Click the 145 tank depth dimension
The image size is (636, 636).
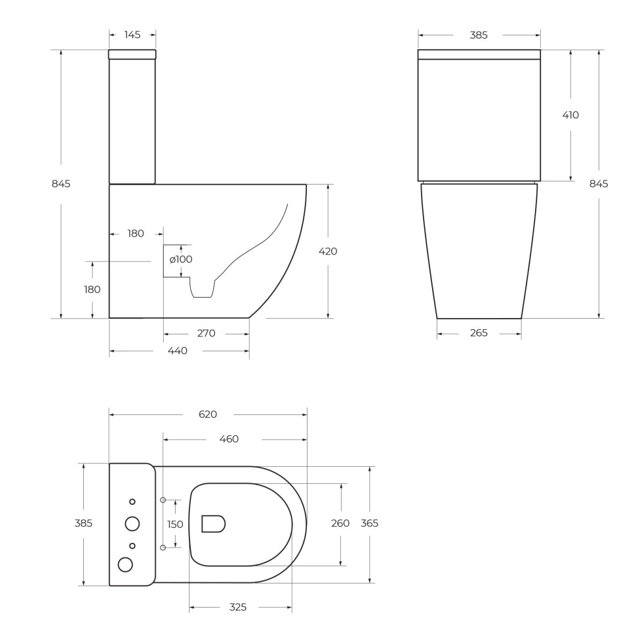pos(132,35)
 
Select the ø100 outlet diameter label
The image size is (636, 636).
pos(181,260)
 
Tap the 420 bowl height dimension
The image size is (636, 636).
pos(328,251)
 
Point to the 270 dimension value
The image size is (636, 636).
pos(206,334)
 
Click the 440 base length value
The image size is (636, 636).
pos(178,351)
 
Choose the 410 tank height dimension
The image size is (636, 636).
pos(570,115)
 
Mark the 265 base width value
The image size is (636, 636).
pos(479,334)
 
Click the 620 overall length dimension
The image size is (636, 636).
pos(208,414)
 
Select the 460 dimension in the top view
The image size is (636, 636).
pos(229,439)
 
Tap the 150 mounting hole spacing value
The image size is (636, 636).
pos(175,525)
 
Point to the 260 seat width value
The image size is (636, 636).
pos(340,524)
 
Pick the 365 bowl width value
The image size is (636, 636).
pos(370,524)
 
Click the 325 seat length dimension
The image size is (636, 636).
pos(238,608)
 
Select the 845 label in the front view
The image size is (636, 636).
pos(599,184)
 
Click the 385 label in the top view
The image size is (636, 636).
pos(83,524)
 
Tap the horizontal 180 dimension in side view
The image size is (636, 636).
pos(136,233)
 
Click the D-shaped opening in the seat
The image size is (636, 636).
pos(213,524)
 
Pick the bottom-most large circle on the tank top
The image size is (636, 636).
pos(125,565)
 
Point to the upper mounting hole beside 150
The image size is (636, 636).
pos(163,500)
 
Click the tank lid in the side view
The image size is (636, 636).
pos(132,54)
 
